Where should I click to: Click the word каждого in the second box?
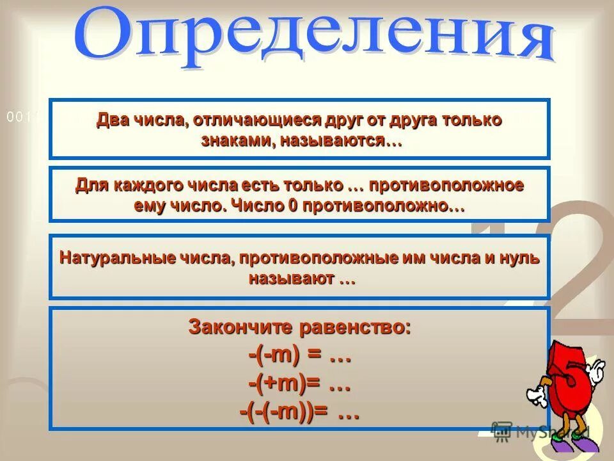click(149, 186)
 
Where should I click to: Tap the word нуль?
click(522, 258)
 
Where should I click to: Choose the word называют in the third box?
click(291, 279)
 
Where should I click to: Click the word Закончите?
click(237, 327)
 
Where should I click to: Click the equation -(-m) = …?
click(299, 356)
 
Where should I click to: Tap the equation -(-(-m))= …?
click(299, 413)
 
